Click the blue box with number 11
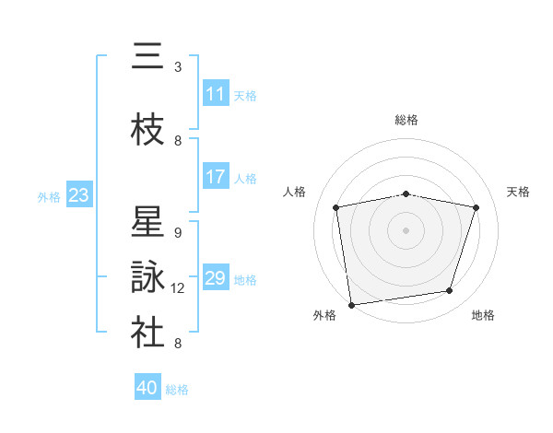click(216, 94)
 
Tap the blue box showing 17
click(216, 177)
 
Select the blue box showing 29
click(216, 278)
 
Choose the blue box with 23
click(78, 195)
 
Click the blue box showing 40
click(147, 388)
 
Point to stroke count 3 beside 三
click(178, 67)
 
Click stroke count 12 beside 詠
click(179, 288)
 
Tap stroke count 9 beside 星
click(178, 233)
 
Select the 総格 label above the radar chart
click(406, 120)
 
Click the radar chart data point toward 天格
click(476, 207)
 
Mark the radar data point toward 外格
click(351, 304)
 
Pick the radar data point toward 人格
click(336, 207)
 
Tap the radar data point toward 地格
click(450, 291)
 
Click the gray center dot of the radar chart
click(406, 229)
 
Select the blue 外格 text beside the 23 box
click(49, 196)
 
